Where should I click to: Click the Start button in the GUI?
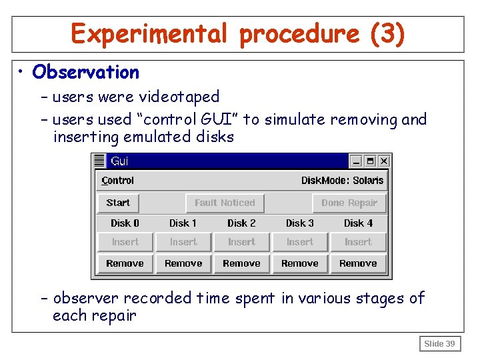click(x=118, y=203)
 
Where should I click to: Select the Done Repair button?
click(x=349, y=203)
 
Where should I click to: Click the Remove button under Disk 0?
click(x=125, y=263)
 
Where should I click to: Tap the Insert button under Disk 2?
click(x=241, y=242)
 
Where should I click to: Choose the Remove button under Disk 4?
click(x=358, y=263)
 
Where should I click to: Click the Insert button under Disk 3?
click(x=300, y=242)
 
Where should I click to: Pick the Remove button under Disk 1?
click(x=183, y=263)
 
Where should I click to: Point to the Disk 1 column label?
click(x=183, y=223)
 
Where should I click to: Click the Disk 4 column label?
click(x=358, y=223)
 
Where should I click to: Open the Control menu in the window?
click(x=118, y=181)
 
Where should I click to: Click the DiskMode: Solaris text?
click(x=342, y=181)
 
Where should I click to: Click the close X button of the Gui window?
click(x=383, y=161)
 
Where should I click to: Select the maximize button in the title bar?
click(x=370, y=161)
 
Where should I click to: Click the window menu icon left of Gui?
click(x=99, y=161)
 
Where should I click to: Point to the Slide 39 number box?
click(x=439, y=343)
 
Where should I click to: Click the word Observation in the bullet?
click(x=85, y=72)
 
